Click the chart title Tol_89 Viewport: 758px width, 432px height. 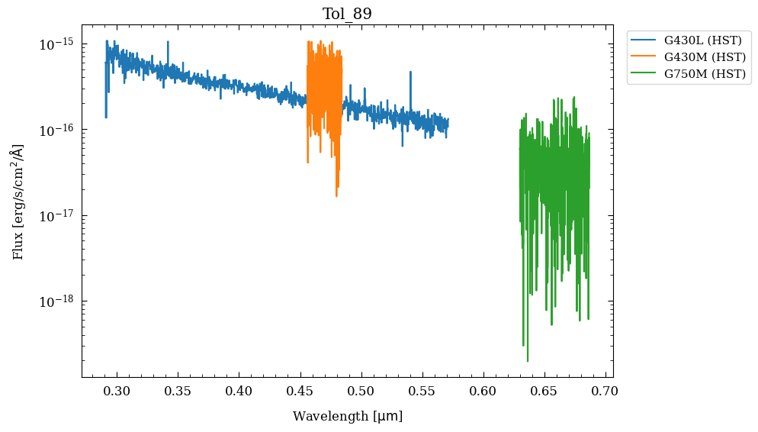coord(347,14)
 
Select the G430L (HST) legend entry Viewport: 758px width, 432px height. coord(702,40)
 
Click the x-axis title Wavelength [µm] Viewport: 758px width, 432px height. coord(347,417)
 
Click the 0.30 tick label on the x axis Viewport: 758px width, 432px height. coord(117,392)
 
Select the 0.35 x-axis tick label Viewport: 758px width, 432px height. coord(178,392)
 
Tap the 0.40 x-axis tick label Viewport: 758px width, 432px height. coord(239,392)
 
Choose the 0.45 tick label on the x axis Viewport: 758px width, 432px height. coord(300,392)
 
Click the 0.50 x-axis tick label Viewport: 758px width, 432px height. coord(361,392)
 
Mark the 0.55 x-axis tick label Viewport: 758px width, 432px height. coord(422,392)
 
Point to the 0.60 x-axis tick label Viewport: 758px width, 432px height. coord(483,392)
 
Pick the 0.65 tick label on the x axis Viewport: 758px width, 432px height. coord(544,392)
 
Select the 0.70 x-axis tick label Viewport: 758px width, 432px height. coord(605,392)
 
